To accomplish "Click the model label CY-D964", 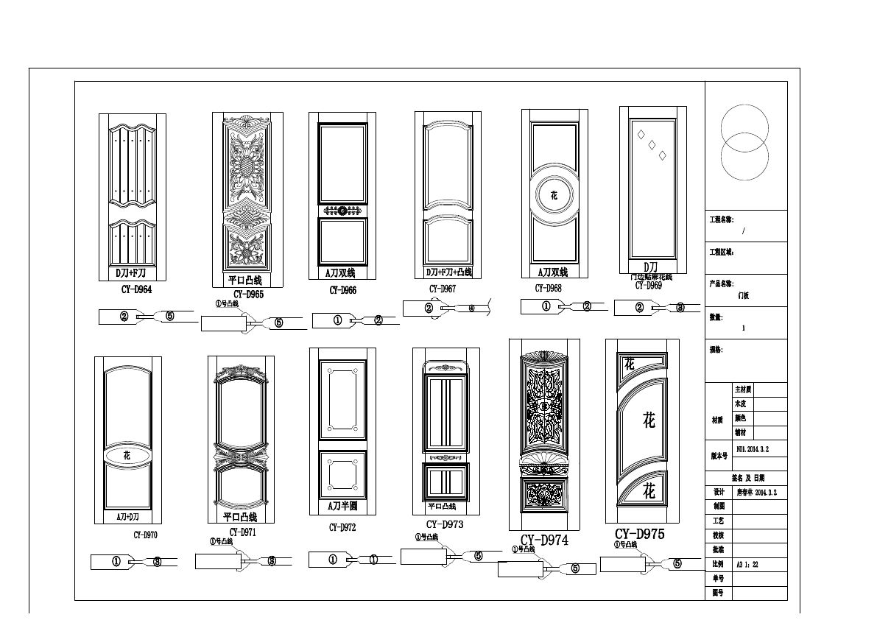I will (136, 289).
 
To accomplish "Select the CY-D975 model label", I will (639, 534).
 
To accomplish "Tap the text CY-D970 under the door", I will (146, 535).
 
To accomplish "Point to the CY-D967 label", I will (443, 289).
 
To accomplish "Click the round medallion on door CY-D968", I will (554, 195).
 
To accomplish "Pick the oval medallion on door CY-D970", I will (127, 456).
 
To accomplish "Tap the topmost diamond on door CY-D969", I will (641, 134).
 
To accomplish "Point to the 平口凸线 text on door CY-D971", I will (240, 517).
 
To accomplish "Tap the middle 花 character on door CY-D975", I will (649, 421).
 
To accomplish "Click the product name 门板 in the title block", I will (743, 294).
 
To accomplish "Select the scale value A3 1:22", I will (747, 563).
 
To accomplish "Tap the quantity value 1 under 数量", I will (743, 328).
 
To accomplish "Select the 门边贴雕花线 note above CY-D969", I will (650, 277).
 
